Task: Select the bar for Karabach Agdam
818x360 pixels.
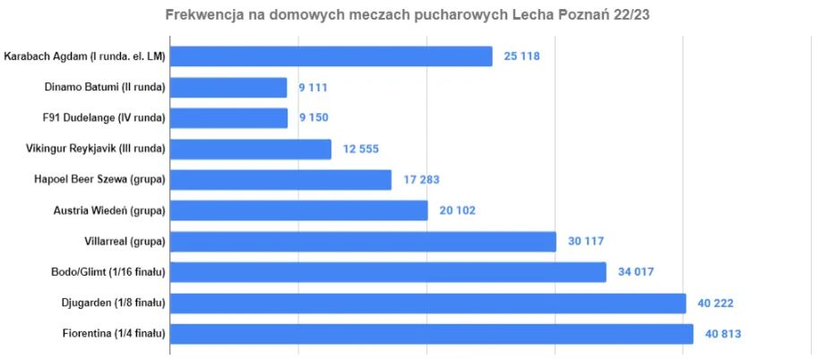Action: (x=331, y=56)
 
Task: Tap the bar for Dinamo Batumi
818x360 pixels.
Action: (x=228, y=88)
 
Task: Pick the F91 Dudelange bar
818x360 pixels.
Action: (x=228, y=118)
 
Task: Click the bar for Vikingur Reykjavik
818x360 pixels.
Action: (x=251, y=149)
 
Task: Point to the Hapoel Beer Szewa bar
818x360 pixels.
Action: (x=280, y=180)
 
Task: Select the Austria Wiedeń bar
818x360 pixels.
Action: (x=299, y=210)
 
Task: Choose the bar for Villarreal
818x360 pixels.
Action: (x=363, y=242)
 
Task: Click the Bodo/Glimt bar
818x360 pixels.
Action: (x=388, y=272)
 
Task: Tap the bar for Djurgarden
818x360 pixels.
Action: (x=427, y=303)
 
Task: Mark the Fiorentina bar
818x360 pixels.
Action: (x=431, y=334)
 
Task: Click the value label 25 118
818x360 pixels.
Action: (x=522, y=56)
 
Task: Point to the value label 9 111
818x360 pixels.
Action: (x=315, y=88)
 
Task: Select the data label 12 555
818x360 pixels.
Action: (x=360, y=149)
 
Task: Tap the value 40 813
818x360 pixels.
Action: (x=723, y=334)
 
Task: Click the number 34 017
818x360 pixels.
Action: (x=636, y=272)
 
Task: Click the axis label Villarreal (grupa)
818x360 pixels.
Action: (x=123, y=242)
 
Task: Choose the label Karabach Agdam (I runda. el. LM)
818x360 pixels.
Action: (x=85, y=56)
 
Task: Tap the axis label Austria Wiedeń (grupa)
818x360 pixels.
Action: (x=109, y=210)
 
